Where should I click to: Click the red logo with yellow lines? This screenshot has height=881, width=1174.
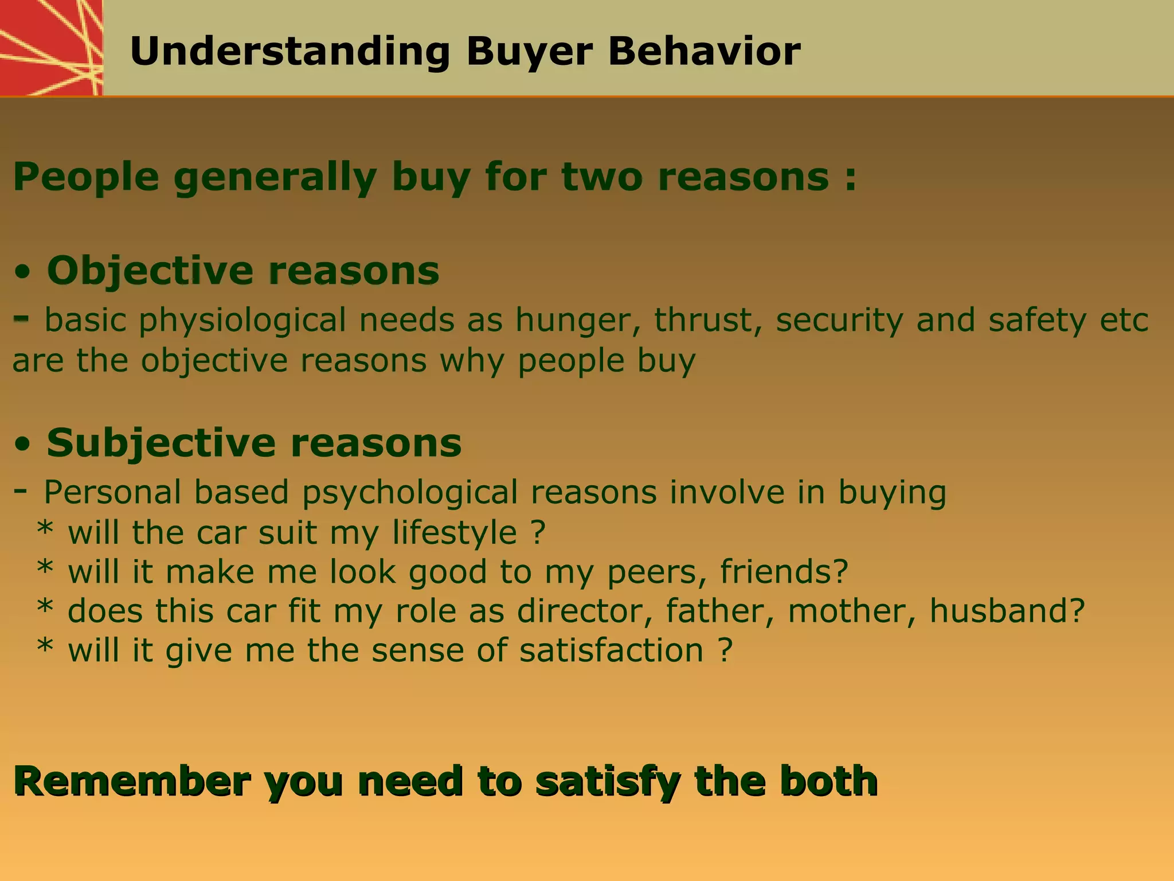50,47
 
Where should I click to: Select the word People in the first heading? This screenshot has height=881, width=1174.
85,177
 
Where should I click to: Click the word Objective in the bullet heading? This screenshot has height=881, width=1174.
149,271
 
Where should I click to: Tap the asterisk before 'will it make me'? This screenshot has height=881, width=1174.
45,570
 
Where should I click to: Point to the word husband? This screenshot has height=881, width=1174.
1007,611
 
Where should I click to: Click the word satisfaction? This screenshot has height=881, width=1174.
611,650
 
